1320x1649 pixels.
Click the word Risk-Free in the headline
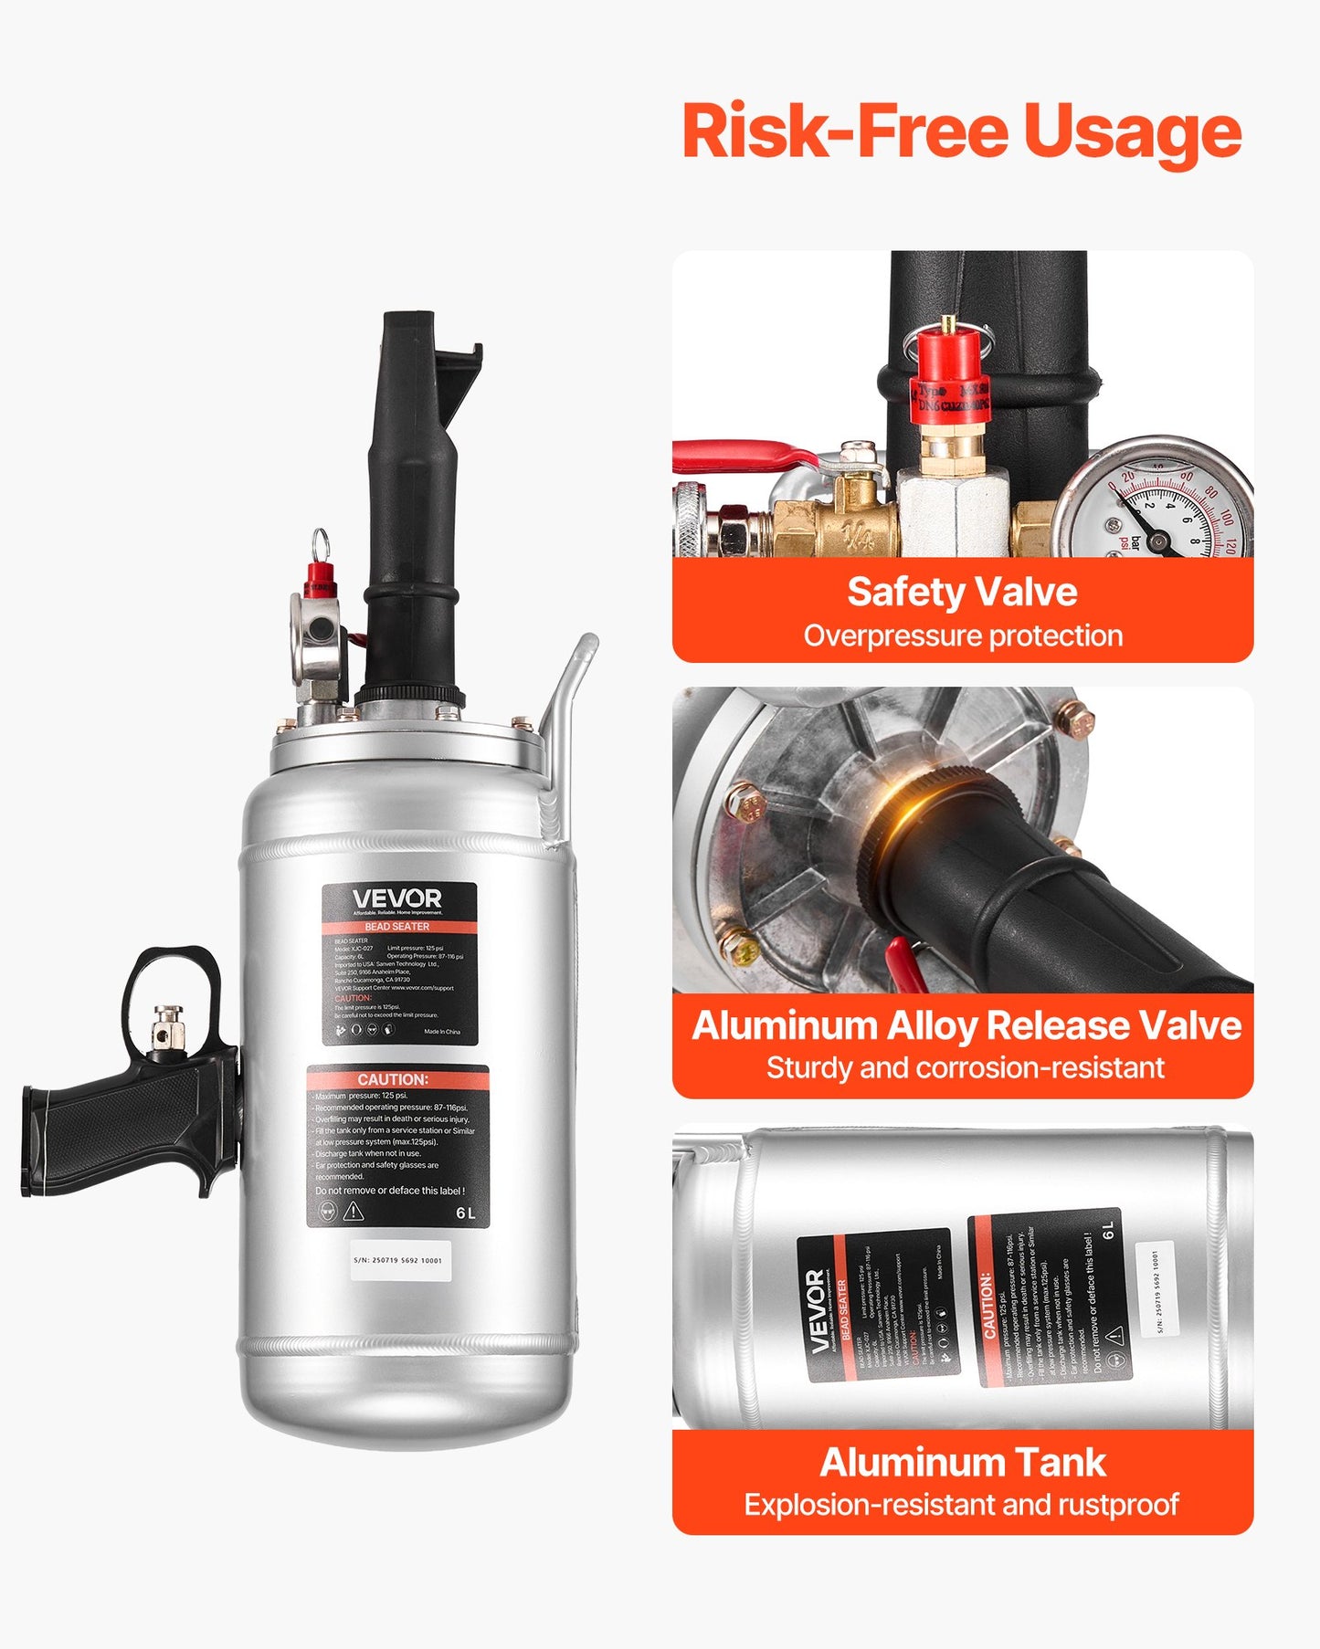(x=845, y=131)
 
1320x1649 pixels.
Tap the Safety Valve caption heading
(x=962, y=592)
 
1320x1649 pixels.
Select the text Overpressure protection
(x=963, y=635)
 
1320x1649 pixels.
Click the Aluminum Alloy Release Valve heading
(x=966, y=1025)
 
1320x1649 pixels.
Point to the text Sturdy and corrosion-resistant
(x=965, y=1067)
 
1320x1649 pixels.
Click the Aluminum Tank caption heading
(x=962, y=1462)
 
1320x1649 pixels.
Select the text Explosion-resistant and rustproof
(x=961, y=1504)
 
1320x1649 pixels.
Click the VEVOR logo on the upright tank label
(x=397, y=899)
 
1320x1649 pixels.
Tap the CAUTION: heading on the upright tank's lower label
(x=393, y=1079)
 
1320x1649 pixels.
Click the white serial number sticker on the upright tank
(x=399, y=1260)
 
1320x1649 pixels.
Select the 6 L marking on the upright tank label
(x=466, y=1213)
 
